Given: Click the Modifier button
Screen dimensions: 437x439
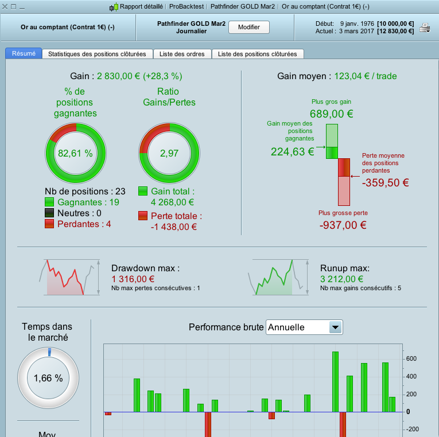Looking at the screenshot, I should click(248, 27).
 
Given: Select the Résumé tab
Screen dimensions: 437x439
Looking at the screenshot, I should click(24, 53).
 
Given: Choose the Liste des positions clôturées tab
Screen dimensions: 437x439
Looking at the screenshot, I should click(258, 54).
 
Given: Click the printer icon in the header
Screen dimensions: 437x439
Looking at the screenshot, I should click(425, 28).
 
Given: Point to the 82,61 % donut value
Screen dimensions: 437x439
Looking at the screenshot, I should click(75, 153).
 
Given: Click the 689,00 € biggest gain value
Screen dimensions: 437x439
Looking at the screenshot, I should click(331, 114).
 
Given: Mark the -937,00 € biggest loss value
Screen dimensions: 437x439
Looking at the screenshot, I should click(343, 225).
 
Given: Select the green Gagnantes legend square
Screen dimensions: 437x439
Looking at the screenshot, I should click(49, 202).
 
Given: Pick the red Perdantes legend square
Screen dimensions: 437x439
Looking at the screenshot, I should click(49, 224).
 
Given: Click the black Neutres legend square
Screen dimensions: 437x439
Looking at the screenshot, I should click(49, 213).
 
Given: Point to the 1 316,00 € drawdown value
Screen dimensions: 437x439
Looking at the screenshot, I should click(134, 279).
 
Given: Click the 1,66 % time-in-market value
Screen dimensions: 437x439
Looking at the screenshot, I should click(48, 378).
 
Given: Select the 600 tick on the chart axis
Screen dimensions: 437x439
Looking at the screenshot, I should click(411, 358).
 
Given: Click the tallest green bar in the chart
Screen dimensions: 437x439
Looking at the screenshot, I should click(336, 381).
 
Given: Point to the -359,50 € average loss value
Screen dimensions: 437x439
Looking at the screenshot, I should click(385, 183).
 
